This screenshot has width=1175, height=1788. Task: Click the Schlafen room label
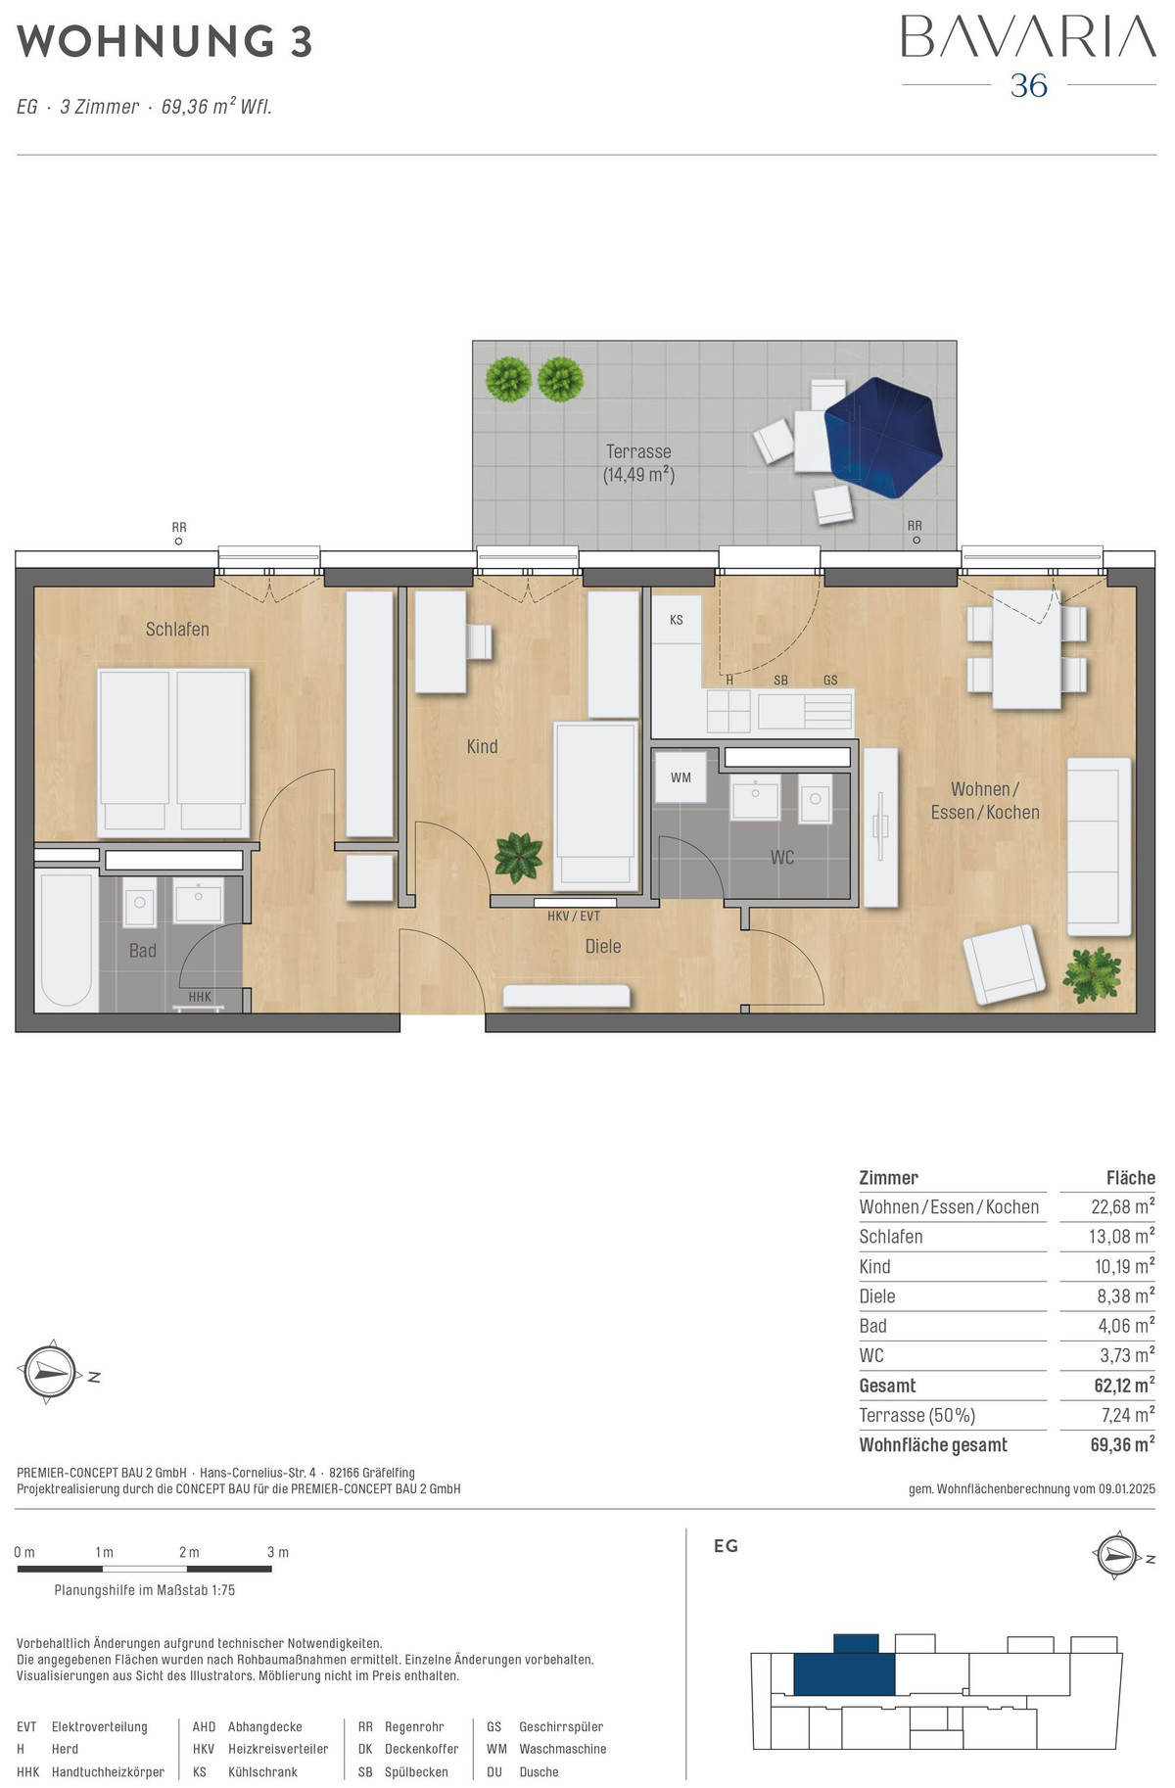(x=177, y=630)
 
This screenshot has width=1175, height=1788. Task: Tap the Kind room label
(x=482, y=746)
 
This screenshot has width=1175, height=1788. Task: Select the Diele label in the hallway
(x=603, y=946)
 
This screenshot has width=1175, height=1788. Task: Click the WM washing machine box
(x=681, y=777)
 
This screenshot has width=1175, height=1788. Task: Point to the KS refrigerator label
(x=677, y=620)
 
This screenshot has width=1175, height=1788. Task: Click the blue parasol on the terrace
(x=883, y=438)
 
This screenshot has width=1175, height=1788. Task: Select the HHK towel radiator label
(x=200, y=997)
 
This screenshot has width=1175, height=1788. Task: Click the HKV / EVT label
(x=574, y=917)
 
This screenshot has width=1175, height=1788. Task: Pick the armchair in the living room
(x=1005, y=964)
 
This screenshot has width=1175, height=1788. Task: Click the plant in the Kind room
(x=518, y=857)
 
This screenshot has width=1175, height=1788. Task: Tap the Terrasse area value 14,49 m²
(x=638, y=476)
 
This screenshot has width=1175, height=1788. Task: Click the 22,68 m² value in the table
(x=1123, y=1206)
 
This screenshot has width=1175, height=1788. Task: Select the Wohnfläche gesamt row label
(x=933, y=1444)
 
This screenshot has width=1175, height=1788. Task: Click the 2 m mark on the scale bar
(x=189, y=1552)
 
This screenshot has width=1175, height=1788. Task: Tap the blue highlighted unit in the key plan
(x=844, y=1666)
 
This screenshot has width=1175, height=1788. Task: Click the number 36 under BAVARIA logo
(x=1029, y=85)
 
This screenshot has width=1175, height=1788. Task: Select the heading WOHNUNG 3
(x=164, y=41)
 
